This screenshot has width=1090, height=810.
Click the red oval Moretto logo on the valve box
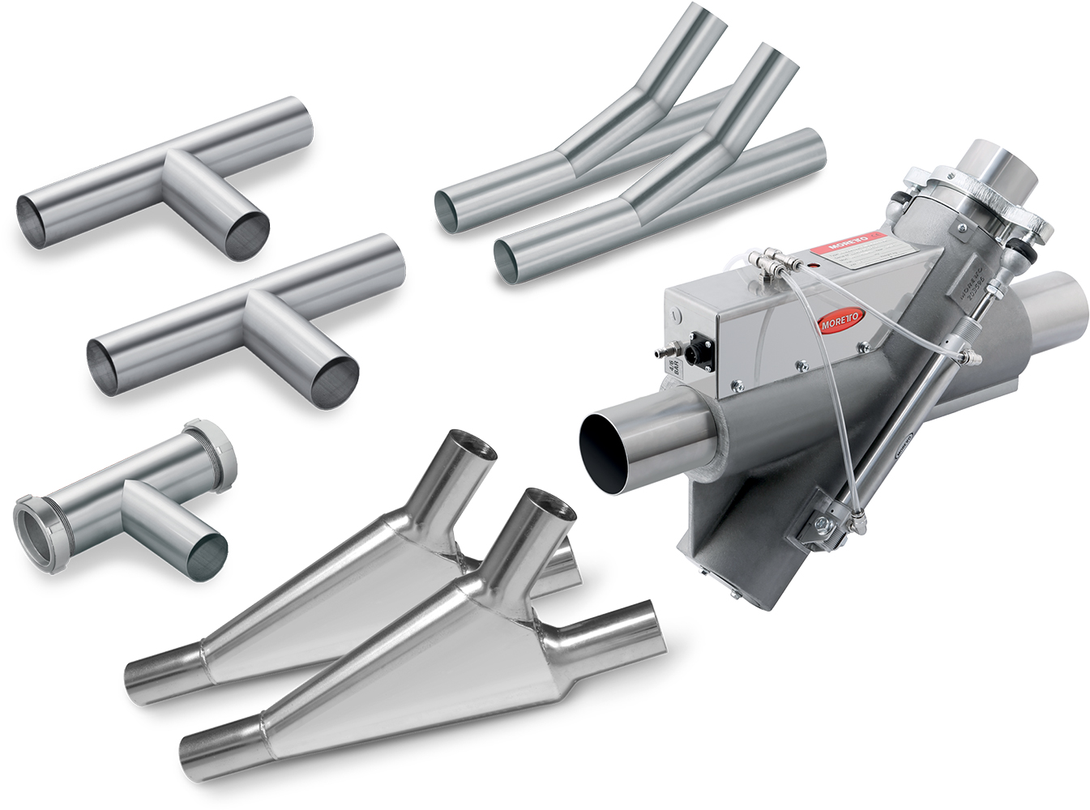pos(841,321)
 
